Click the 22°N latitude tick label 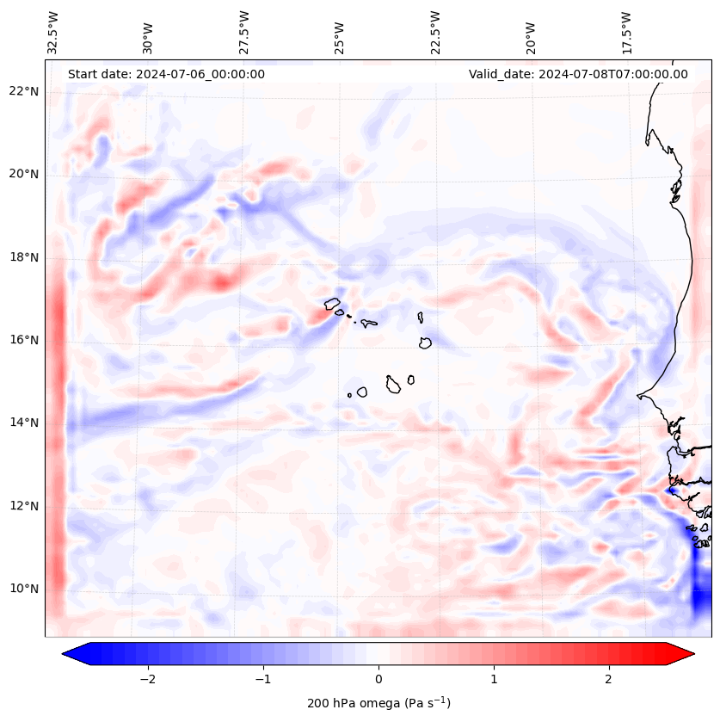[x=25, y=91]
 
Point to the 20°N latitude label [x=25, y=174]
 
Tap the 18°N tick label [x=25, y=257]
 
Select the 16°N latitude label [x=25, y=340]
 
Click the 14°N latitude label [x=25, y=423]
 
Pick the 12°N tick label [x=25, y=506]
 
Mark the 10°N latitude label [x=25, y=589]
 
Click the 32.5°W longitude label [x=53, y=32]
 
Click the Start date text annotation [x=166, y=74]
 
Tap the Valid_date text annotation [x=578, y=74]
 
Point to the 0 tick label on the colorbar [x=378, y=678]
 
